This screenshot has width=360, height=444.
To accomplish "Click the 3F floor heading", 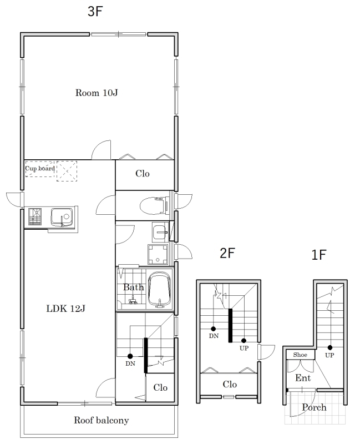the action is click(95, 11).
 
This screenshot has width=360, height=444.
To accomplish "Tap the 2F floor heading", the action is click(227, 253).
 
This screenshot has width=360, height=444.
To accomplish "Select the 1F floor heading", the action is click(319, 255).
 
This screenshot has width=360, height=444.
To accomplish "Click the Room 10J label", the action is click(97, 93).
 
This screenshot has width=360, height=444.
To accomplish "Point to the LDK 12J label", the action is click(65, 309).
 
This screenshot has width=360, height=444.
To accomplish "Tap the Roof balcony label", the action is click(102, 420).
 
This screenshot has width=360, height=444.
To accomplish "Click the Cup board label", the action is click(40, 169).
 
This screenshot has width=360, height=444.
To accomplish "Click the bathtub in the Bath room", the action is click(160, 289).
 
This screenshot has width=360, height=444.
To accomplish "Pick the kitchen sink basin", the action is click(62, 217).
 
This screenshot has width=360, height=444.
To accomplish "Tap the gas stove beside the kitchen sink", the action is click(35, 216).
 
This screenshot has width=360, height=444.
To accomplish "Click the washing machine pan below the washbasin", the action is click(158, 254).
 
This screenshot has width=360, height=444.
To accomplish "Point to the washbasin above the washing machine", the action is click(160, 232).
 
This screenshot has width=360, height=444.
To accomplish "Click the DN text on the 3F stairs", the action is click(130, 364).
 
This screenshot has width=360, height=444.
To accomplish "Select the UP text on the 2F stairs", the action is click(244, 348).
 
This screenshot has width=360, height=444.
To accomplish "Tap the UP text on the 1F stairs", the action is click(329, 355).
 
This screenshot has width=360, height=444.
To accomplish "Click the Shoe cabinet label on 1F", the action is click(300, 355).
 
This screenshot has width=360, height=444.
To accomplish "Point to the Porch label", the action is click(314, 407).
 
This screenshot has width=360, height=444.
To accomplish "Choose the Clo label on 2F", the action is click(230, 384).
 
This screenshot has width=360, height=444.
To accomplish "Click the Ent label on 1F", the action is click(303, 378).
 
